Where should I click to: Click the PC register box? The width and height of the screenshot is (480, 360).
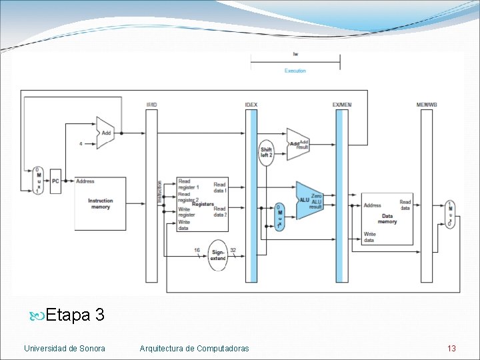pos(55,181)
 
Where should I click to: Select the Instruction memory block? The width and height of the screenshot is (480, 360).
pos(101,203)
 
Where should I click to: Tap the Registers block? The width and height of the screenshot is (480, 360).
pos(202,204)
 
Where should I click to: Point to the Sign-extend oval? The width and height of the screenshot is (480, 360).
pos(218,254)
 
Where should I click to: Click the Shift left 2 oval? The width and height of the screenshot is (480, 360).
pos(266,153)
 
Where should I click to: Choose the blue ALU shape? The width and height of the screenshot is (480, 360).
pos(309,200)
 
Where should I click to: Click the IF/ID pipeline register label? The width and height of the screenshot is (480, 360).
pos(151,105)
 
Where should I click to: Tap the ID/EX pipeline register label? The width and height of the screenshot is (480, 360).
pos(251,105)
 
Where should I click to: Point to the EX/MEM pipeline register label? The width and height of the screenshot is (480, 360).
pos(341,105)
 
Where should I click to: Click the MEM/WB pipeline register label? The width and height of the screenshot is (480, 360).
pos(427,105)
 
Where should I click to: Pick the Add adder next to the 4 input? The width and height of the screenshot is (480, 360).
pos(105,133)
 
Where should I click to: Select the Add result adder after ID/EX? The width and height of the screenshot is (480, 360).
pos(297,144)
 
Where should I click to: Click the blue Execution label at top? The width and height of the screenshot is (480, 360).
pos(295,71)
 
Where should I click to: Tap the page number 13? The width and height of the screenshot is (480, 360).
pos(451,348)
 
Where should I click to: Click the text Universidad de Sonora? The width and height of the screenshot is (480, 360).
pos(65,348)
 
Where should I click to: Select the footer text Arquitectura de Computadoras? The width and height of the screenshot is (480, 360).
pos(194,348)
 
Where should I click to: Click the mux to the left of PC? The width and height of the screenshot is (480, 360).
pos(37,181)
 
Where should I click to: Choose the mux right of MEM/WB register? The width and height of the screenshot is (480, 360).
pos(450,215)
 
